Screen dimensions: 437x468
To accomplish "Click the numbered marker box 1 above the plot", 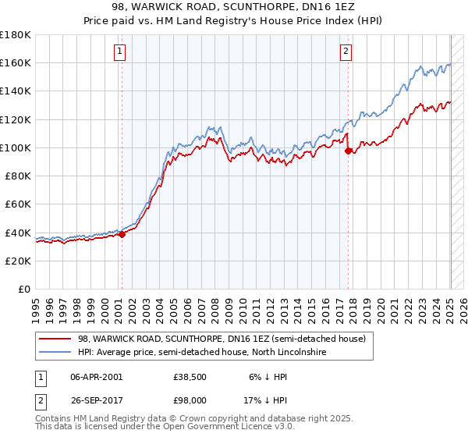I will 121,52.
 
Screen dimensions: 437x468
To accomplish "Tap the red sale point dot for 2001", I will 122,234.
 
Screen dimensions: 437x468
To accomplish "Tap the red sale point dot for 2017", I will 349,151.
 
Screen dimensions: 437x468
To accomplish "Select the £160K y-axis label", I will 16,62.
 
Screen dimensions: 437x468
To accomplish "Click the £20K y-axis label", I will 18,261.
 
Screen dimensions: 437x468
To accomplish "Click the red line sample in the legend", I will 56,339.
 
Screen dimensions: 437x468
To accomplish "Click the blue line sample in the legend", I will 56,352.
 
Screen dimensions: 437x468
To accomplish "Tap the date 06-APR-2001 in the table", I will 97,376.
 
